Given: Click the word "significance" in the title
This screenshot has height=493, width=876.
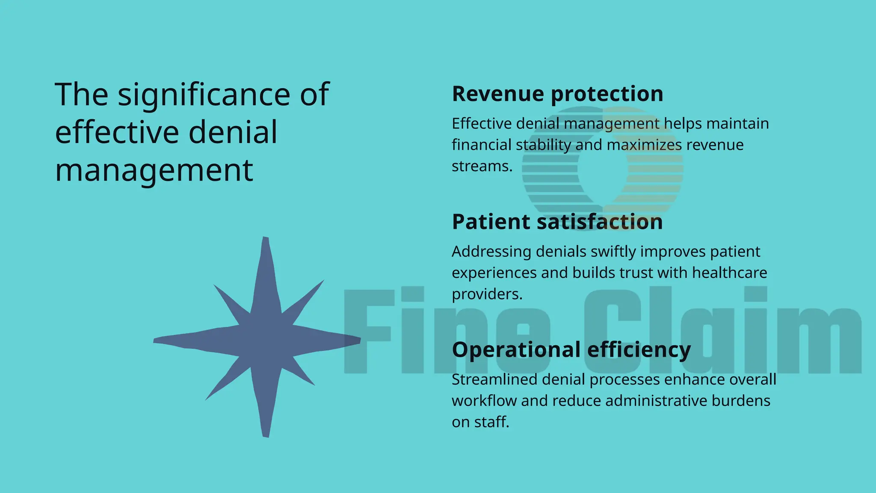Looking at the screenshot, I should click(x=204, y=95).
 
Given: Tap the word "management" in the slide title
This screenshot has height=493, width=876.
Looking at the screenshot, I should click(x=154, y=170).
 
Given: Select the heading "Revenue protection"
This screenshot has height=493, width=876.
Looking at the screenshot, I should click(x=557, y=94).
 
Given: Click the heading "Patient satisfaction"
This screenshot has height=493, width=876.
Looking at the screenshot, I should click(x=557, y=222).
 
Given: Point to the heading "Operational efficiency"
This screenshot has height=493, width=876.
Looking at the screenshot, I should click(x=571, y=350).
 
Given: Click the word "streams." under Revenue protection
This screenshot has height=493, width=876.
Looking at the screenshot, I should click(x=482, y=166).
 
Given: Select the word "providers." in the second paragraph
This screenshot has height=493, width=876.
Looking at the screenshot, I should click(x=487, y=294).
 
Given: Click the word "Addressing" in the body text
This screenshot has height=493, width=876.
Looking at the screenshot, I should click(x=491, y=252).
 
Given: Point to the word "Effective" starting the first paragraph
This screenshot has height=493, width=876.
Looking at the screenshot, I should click(x=482, y=124).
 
